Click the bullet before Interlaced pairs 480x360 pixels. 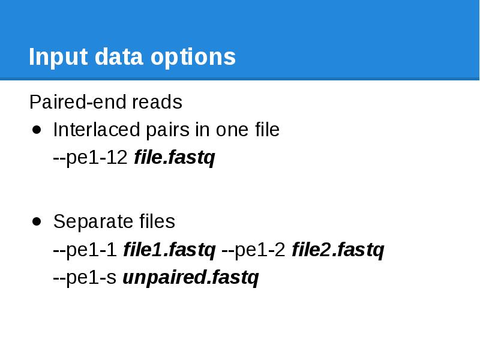37,130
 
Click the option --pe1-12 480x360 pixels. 91,158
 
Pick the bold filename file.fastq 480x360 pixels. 175,158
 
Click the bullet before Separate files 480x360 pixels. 37,221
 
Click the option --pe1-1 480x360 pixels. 85,250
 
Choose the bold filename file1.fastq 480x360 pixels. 169,250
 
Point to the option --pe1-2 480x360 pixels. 254,250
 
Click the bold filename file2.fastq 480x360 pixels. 338,250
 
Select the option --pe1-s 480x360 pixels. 85,278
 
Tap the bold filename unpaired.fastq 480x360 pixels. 191,278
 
